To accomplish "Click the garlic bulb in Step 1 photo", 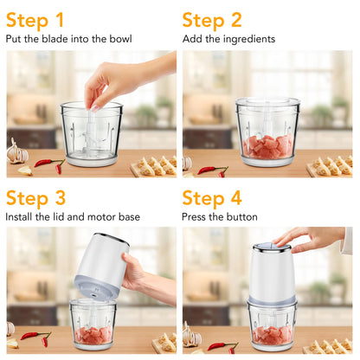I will click(16, 154).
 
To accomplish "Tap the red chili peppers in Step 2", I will click(212, 170).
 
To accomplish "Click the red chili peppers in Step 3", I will click(35, 337).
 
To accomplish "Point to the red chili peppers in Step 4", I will click(222, 346).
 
